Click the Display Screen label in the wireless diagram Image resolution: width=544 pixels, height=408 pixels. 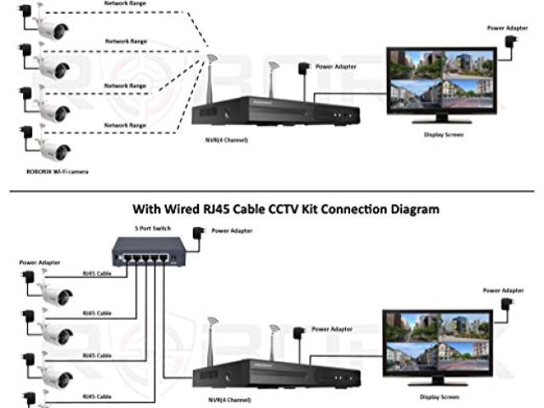(443, 134)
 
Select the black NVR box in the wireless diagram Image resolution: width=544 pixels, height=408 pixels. (272, 111)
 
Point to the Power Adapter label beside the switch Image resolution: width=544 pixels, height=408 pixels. (233, 230)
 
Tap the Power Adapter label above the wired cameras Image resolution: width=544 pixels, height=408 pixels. (40, 263)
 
